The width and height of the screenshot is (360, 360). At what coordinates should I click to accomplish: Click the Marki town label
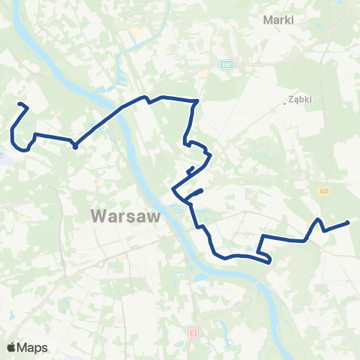coord(277,20)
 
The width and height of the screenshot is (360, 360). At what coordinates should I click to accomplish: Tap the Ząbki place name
coord(299,98)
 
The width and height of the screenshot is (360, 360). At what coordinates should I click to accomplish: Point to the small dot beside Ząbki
coord(285,103)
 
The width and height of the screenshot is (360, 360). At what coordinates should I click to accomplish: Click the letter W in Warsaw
coord(97,216)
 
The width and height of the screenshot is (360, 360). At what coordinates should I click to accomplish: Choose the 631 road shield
coord(323,191)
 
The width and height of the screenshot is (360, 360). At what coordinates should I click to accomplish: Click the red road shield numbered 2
coord(193,331)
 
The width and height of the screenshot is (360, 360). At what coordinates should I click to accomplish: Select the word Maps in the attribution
coord(33,347)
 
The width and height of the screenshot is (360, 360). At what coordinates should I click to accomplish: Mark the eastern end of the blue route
coord(349,222)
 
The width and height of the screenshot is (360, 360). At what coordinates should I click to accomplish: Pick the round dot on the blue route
coord(75,146)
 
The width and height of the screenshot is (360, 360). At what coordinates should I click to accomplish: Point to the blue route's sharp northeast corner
coord(196,100)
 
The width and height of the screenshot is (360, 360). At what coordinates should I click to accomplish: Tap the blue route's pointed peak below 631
coord(319,220)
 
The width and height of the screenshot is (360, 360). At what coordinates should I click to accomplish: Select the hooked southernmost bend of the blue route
coord(269,262)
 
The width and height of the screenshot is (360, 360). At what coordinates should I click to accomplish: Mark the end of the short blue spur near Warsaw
coord(202,191)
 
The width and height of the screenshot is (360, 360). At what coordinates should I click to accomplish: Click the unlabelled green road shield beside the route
coord(92,127)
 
